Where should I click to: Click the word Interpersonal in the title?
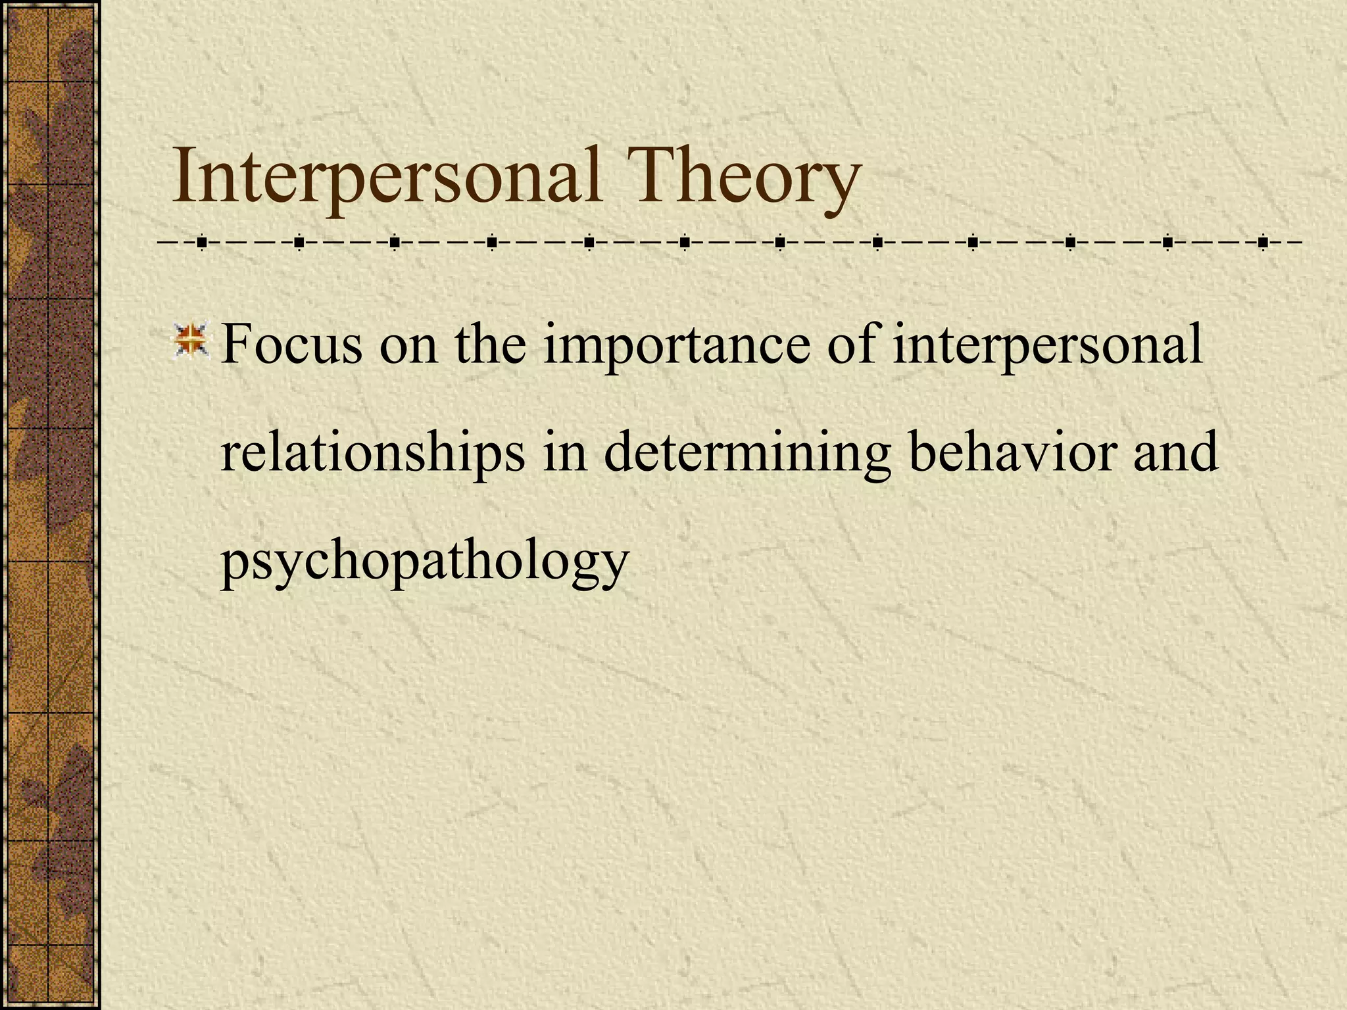387,176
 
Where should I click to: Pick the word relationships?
373,454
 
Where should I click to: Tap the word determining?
747,454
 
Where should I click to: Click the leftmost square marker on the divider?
201,243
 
